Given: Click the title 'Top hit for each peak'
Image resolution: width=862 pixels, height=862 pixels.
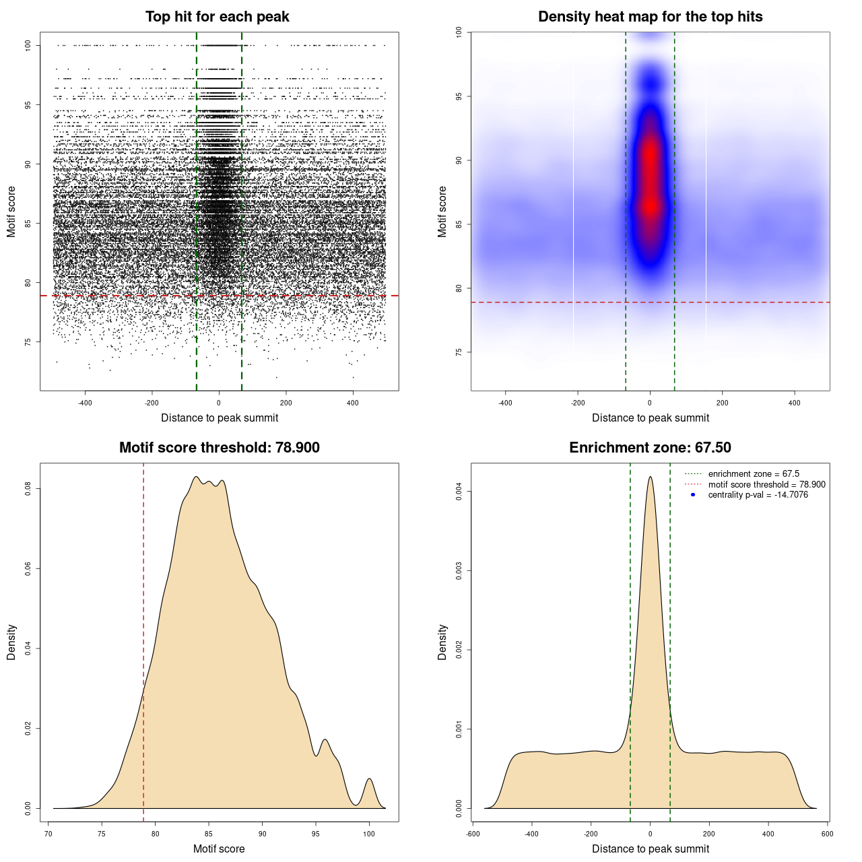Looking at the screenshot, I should point(218,17).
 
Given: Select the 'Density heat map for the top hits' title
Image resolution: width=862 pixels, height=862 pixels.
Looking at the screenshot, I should point(650,17).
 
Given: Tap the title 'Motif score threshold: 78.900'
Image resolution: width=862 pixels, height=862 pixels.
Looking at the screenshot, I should point(219,448).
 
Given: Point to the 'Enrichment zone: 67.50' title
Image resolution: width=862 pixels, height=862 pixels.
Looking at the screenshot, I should point(650,448).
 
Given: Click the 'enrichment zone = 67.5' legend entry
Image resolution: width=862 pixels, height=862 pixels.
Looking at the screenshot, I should point(754,474).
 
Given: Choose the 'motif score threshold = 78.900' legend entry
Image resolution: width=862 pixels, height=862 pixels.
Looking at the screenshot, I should point(766,485).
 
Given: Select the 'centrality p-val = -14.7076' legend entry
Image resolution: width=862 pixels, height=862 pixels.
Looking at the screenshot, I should point(758,495).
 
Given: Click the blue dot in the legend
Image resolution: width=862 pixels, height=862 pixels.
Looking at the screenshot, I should point(693,495).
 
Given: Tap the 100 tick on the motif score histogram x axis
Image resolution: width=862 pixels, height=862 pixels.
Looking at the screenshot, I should point(369,834).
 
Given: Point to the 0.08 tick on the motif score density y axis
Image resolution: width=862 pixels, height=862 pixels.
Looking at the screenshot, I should point(28,488).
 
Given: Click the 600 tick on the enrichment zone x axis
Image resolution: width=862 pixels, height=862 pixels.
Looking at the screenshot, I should point(828,834).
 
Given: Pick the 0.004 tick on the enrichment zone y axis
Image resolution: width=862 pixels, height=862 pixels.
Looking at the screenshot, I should point(459,492).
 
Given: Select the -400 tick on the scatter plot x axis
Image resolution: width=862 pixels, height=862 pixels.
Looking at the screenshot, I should point(85,403).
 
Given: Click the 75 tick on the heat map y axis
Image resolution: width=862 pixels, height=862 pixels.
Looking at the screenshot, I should point(459,352).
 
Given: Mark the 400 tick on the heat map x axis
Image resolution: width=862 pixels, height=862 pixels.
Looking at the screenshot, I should point(795,403).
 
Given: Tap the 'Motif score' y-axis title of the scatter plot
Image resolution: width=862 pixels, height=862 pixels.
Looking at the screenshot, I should point(11,211).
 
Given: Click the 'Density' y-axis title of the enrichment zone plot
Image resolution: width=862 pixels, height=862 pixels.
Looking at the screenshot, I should point(442,642).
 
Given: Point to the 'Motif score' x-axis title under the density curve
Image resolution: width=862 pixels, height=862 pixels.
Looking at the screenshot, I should point(219,849).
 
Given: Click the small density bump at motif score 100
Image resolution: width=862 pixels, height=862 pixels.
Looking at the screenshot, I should point(369,780).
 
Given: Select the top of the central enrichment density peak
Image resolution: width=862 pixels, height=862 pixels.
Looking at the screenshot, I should point(650,477).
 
